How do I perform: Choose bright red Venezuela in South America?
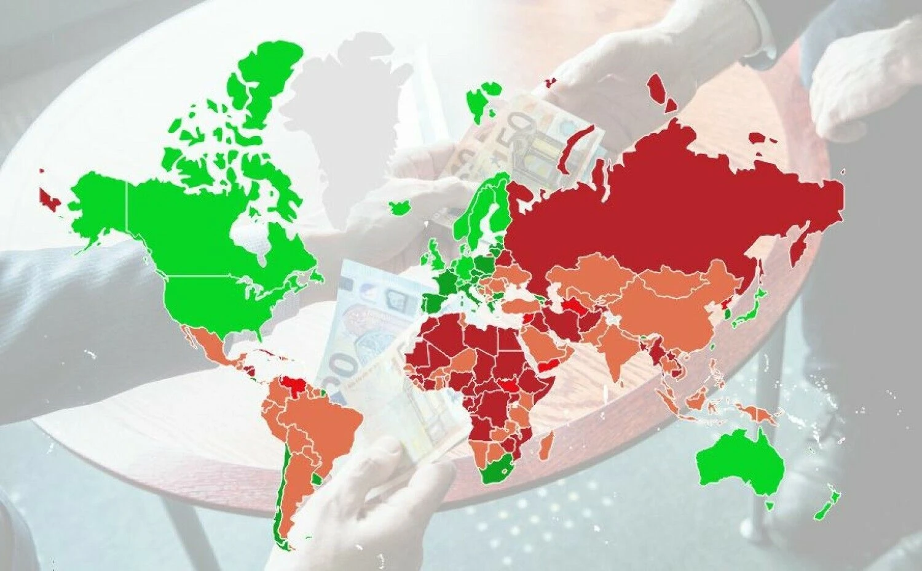coord(297,388)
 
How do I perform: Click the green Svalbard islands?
coord(479,102)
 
